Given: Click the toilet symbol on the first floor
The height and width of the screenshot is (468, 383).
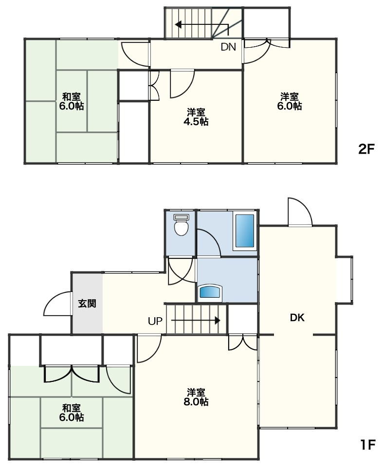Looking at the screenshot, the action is coord(182,225).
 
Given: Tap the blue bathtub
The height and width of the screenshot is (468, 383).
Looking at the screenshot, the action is coord(245,231).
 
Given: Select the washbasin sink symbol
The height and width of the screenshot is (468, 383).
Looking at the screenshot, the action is coord(211,292).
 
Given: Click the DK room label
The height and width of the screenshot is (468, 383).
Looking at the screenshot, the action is coord(297,318).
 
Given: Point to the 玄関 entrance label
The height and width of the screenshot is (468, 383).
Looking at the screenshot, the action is coord(87,304).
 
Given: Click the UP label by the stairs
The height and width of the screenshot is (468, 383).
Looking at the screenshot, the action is coord(155,321).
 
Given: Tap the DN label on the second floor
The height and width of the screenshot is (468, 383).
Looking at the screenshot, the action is coord(228,47).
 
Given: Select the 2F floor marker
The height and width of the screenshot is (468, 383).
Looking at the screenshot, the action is coord(366,149).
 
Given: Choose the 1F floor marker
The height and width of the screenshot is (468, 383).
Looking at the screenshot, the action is coord(367,445).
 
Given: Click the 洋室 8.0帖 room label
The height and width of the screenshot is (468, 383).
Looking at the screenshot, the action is coord(196,396).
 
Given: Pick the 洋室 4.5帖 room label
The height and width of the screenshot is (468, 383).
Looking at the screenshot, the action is coord(196,117).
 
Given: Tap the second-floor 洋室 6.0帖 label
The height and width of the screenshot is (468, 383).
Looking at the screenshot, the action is coord(289,101).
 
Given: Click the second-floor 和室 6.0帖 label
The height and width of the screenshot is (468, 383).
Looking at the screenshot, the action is coord(72,101).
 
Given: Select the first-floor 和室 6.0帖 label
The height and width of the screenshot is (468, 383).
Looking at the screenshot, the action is coord(72,412).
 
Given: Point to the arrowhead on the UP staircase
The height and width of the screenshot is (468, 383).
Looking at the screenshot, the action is coord(218,321).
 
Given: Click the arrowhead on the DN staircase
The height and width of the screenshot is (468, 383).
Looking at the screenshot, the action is coord(178,24).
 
